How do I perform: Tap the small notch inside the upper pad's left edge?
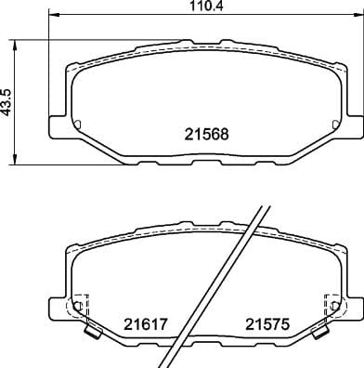[x=77, y=125]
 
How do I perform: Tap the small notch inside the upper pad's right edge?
[x=330, y=125]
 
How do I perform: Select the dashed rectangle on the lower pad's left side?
[x=79, y=307]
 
